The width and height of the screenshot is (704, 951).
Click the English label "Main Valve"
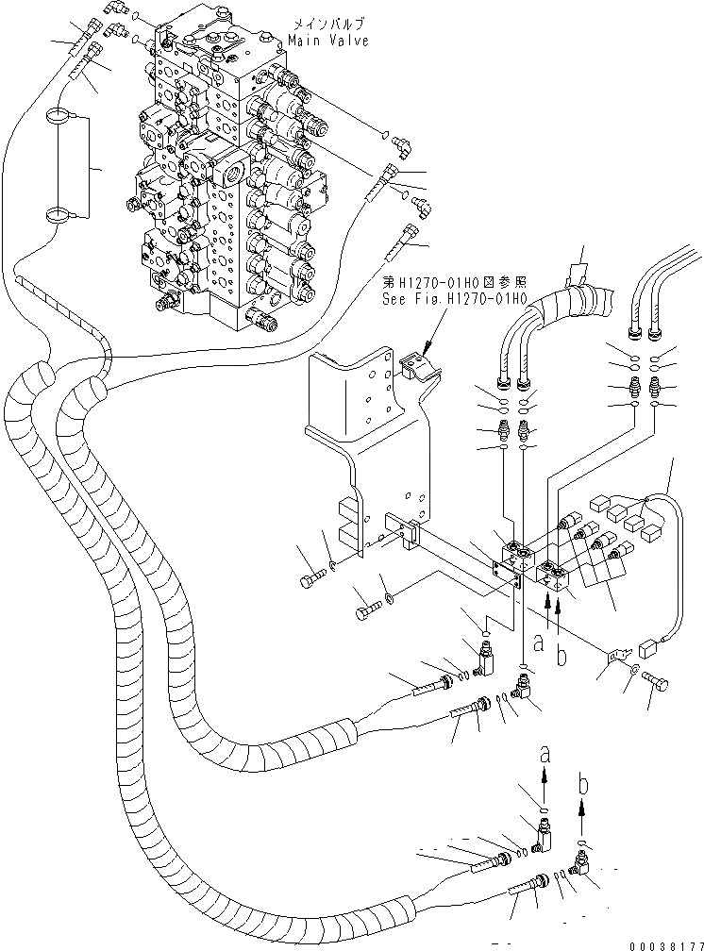328,42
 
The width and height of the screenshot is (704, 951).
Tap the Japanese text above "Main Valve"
329,25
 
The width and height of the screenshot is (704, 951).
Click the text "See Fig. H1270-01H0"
453,299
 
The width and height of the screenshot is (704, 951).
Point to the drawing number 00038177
665,945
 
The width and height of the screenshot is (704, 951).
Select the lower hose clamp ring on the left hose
59,215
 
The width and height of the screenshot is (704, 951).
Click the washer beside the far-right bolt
633,670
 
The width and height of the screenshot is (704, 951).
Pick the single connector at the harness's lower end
648,651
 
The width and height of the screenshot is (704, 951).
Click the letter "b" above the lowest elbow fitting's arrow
584,785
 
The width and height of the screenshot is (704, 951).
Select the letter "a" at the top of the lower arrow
545,755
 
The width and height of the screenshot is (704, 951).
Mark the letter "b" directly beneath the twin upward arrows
562,656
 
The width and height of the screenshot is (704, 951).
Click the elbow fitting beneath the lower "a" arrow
544,835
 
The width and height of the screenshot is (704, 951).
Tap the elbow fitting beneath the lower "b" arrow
582,863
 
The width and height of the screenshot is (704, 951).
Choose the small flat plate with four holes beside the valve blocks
507,575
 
